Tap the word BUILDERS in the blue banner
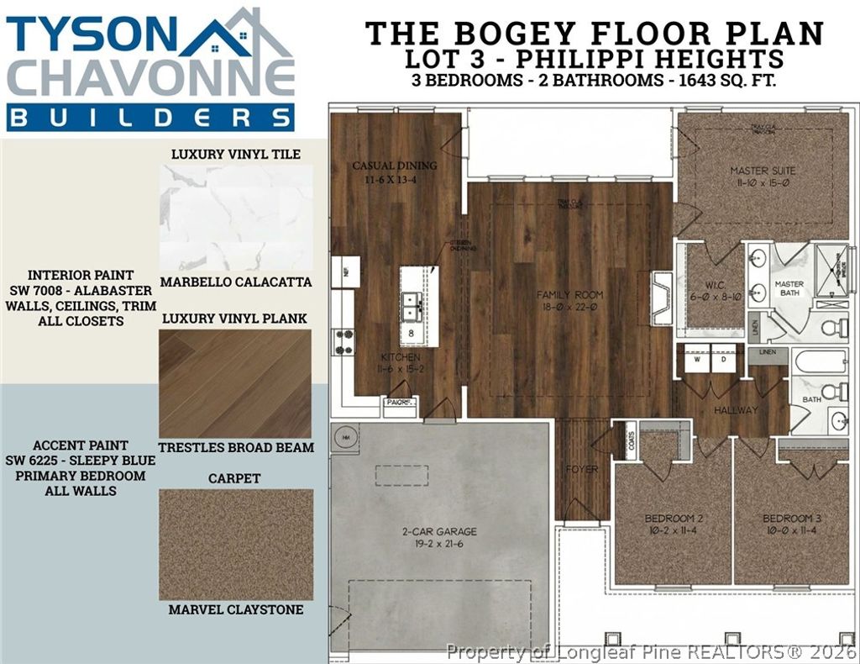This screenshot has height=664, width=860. tap(151, 117)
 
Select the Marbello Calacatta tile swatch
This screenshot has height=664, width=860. tap(236, 217)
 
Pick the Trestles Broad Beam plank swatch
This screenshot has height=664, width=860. tap(235, 383)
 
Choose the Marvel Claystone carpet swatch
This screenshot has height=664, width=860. tap(236, 545)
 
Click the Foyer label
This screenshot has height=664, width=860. tap(582, 469)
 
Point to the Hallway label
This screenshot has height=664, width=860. tap(736, 410)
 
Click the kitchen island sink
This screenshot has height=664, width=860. tap(412, 306)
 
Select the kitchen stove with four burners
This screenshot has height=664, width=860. tap(344, 341)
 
